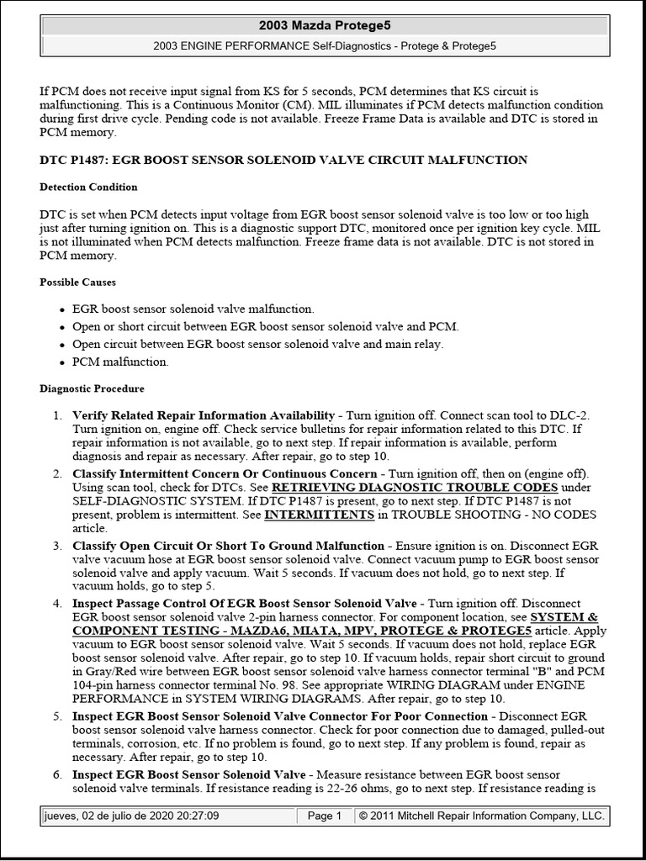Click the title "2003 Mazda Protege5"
pyautogui.click(x=323, y=26)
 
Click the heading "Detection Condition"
pyautogui.click(x=89, y=187)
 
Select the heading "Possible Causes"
pyautogui.click(x=78, y=282)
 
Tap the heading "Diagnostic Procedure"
pyautogui.click(x=93, y=388)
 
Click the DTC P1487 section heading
pyautogui.click(x=283, y=160)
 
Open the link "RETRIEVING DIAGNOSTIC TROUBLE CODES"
pyautogui.click(x=415, y=488)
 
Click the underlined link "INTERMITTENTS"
pyautogui.click(x=319, y=515)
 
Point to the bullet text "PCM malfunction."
pyautogui.click(x=120, y=362)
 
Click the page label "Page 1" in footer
pyautogui.click(x=324, y=816)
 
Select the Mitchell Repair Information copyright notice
pyautogui.click(x=481, y=816)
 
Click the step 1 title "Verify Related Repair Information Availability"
pyautogui.click(x=204, y=415)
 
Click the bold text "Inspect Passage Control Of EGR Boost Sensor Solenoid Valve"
pyautogui.click(x=245, y=604)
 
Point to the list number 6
pyautogui.click(x=56, y=774)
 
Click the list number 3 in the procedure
pyautogui.click(x=56, y=547)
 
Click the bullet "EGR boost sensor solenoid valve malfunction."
pyautogui.click(x=193, y=309)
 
